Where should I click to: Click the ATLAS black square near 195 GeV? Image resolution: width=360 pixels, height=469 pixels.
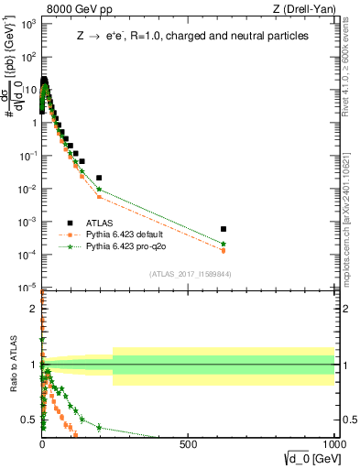pos(99,178)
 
